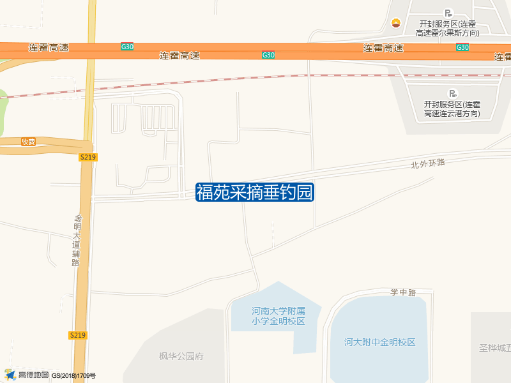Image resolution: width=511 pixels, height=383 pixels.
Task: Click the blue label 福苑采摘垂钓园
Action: click(x=255, y=192)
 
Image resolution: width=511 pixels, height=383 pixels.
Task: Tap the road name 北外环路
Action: click(x=427, y=163)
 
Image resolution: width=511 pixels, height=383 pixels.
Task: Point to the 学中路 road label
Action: click(x=403, y=292)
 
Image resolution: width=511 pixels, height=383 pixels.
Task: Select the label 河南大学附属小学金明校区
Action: click(x=278, y=316)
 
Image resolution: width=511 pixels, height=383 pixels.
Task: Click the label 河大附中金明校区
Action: click(x=379, y=342)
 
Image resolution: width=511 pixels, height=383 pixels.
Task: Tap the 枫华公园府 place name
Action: click(x=181, y=356)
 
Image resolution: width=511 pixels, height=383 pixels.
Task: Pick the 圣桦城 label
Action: click(x=496, y=348)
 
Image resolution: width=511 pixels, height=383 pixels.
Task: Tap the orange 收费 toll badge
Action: click(x=28, y=142)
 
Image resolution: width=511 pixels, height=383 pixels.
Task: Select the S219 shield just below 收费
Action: click(x=88, y=157)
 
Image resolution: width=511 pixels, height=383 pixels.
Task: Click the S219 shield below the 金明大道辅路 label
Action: click(x=77, y=335)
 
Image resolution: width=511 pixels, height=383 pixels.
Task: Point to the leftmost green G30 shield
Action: click(x=127, y=47)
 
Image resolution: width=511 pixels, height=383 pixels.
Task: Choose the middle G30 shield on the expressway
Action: click(x=268, y=55)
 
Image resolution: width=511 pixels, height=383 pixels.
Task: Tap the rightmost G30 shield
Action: click(x=462, y=47)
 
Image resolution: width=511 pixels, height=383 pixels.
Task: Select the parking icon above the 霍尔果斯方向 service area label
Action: click(x=448, y=13)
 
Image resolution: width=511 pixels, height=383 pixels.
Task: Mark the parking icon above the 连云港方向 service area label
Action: click(x=454, y=93)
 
